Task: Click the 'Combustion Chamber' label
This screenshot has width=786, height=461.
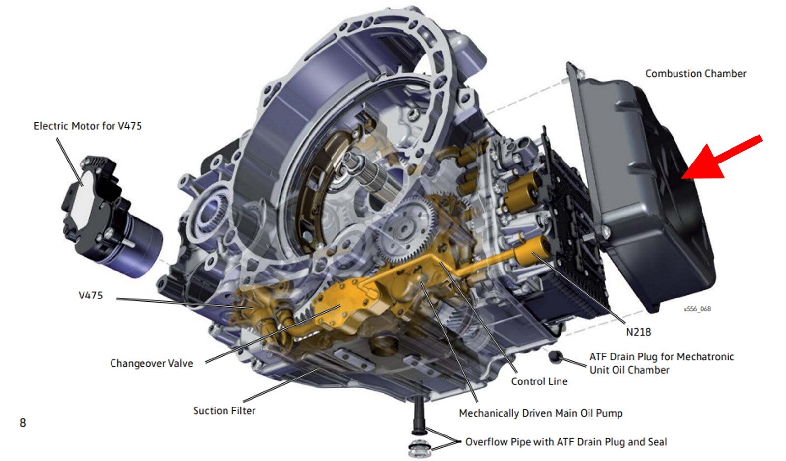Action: click(x=696, y=74)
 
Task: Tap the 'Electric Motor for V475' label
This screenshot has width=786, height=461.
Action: click(x=88, y=126)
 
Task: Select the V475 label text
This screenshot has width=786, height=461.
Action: click(x=90, y=296)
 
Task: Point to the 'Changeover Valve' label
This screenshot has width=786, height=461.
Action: click(x=152, y=363)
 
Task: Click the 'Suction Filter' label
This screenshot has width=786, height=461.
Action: click(x=224, y=411)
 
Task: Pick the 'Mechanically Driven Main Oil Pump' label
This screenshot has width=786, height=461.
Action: click(x=541, y=413)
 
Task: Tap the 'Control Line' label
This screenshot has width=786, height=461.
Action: click(x=539, y=381)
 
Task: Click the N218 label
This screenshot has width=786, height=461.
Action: click(x=639, y=332)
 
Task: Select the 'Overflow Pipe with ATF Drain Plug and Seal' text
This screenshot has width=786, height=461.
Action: click(x=566, y=442)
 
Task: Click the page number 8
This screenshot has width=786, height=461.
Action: click(x=23, y=423)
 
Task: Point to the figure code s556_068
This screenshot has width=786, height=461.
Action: click(x=697, y=309)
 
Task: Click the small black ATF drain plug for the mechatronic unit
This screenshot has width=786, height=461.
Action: click(x=555, y=357)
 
